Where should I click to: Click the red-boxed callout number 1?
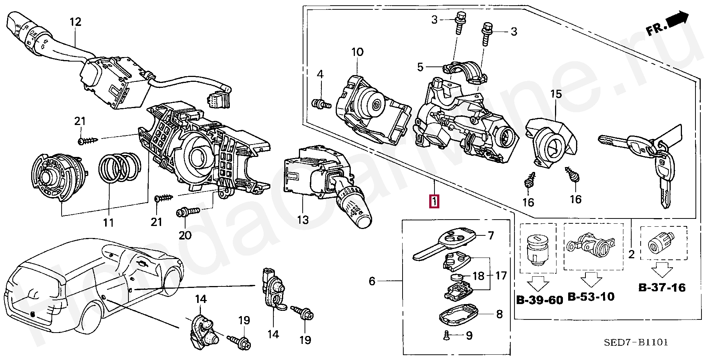point(434,202)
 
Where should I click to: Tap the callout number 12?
point(75,22)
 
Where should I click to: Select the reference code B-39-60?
point(540,300)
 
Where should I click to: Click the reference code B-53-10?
point(591,297)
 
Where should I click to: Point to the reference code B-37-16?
point(662,288)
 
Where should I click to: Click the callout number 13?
point(303,220)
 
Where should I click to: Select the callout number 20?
point(185,235)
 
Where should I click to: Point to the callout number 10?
point(357,52)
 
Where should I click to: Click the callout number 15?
point(556,94)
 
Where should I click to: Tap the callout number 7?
point(491,236)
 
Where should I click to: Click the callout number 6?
point(372,281)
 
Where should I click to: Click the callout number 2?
point(631,255)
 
